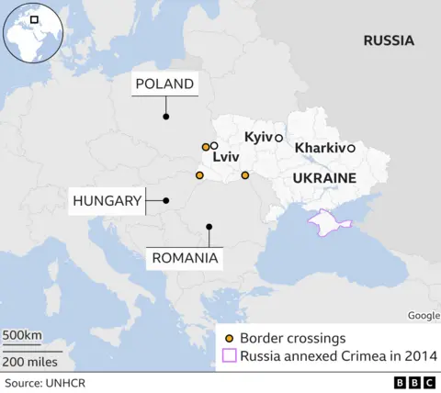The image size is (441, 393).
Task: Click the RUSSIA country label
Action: pos(388,40)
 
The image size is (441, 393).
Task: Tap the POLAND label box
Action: pos(165,84)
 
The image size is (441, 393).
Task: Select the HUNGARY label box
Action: pos(107,200)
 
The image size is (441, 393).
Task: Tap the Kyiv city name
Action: pos(258,137)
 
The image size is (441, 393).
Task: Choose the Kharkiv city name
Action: pos(320,148)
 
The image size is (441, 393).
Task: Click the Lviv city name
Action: pos(225,158)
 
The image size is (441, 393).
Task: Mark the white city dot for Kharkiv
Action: pos(351,148)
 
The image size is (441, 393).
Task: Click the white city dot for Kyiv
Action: pos(278,137)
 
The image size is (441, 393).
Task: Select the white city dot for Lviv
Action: pos(214,145)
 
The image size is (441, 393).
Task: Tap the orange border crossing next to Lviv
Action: pos(205,147)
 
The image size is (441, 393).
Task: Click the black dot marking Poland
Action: pos(166,117)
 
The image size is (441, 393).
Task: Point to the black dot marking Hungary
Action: pos(166,200)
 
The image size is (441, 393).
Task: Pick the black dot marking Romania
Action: pos(209,226)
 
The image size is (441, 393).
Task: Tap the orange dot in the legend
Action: pos(229,337)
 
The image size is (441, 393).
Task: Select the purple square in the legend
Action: pos(229,356)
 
